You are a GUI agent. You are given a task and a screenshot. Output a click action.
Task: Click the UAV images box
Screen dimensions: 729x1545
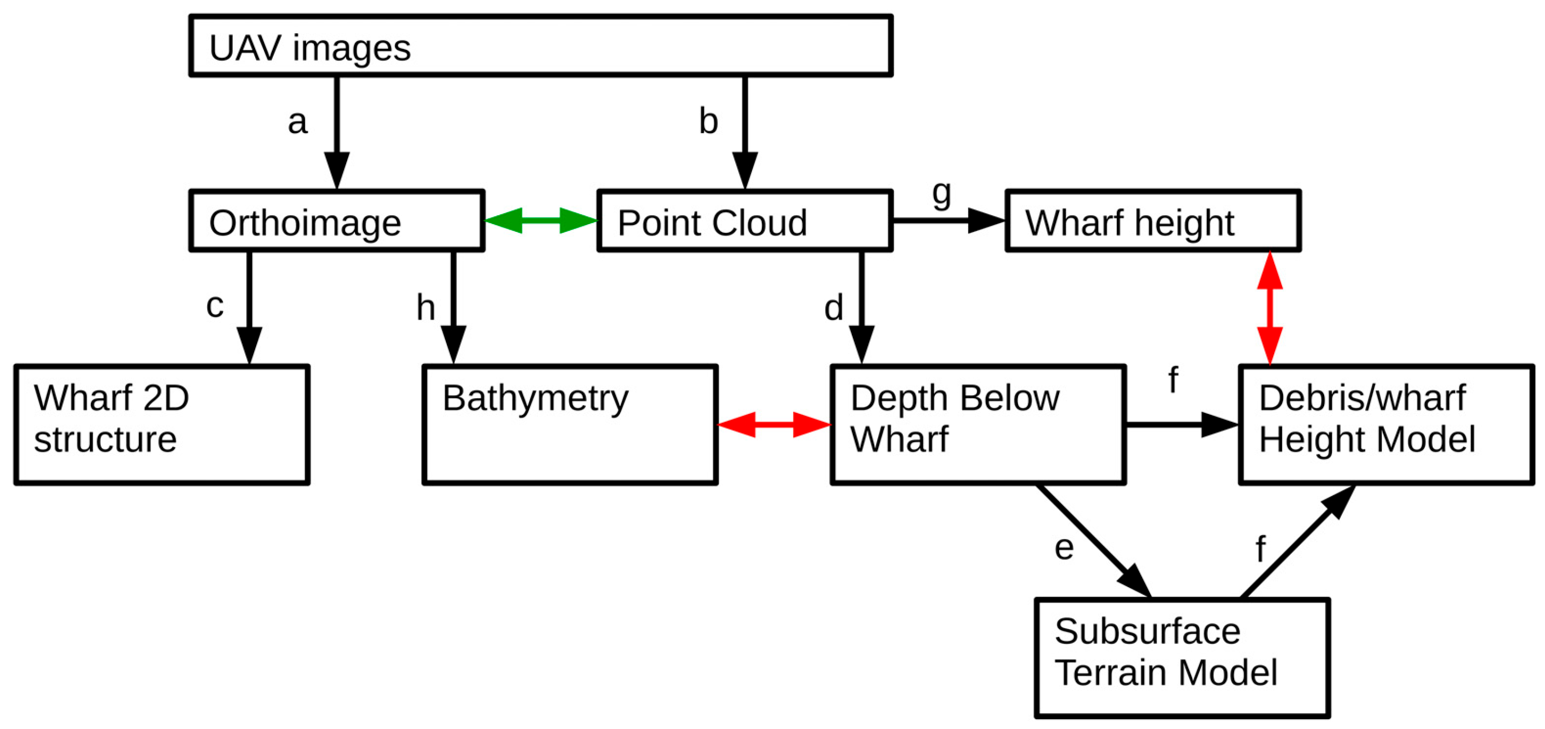(540, 46)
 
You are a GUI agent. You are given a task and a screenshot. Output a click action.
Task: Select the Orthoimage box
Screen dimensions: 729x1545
(336, 221)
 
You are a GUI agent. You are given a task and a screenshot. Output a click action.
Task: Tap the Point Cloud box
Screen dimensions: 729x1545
(744, 221)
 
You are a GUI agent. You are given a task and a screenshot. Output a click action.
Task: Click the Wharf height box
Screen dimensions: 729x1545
(1152, 221)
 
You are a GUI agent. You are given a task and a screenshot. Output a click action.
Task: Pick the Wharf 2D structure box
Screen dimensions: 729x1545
(162, 424)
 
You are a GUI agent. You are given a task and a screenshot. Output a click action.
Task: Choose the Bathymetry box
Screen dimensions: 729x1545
(570, 424)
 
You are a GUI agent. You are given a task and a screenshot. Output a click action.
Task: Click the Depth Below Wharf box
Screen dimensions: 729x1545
(978, 424)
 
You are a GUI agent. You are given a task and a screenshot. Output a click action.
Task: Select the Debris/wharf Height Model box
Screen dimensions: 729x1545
(1385, 424)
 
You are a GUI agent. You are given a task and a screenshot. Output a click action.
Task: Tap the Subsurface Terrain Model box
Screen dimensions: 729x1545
(1182, 657)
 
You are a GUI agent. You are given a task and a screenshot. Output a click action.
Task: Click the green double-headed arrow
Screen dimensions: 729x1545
(540, 221)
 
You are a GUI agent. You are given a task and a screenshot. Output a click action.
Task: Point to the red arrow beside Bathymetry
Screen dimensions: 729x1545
(774, 425)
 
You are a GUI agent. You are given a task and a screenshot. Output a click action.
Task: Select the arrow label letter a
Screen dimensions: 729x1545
(297, 122)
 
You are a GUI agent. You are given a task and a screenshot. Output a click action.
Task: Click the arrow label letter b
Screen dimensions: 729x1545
(708, 122)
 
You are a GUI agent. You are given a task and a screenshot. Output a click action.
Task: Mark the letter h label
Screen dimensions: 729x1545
(425, 308)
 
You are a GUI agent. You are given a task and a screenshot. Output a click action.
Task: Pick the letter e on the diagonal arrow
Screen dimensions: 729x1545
(1064, 547)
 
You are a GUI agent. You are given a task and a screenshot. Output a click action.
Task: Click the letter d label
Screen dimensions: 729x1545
(833, 308)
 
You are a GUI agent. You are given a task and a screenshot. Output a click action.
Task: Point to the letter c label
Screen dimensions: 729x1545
(215, 305)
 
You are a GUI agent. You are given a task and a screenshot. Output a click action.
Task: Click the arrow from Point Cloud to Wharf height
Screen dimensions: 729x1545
(948, 221)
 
